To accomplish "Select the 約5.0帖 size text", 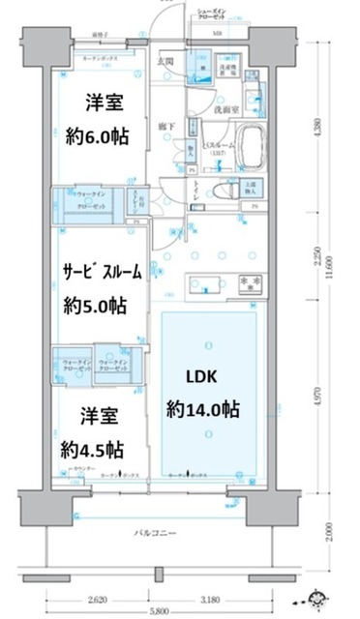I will (x=95, y=305).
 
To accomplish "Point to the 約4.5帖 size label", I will (x=91, y=450).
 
